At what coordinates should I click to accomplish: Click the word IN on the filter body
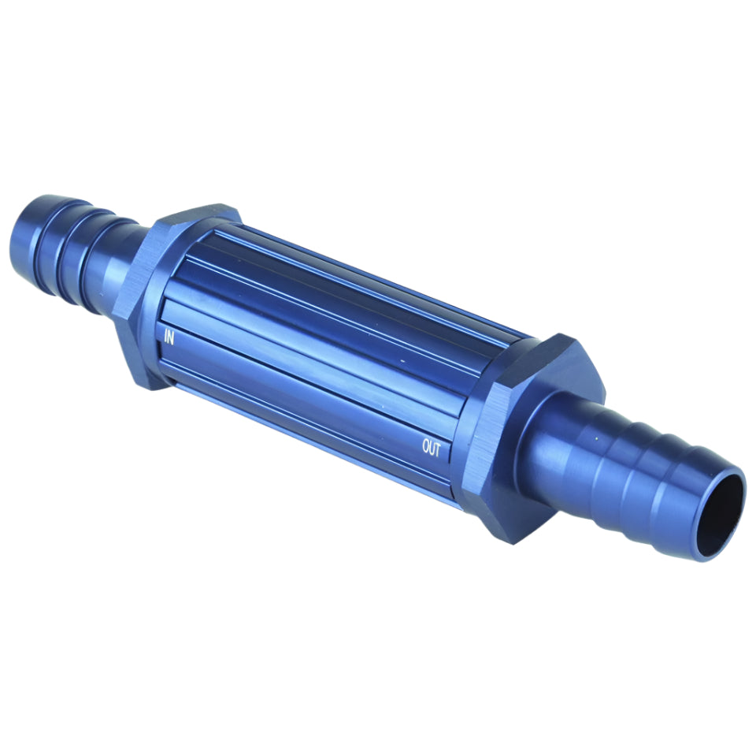point(169,337)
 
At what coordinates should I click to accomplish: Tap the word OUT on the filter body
point(432,448)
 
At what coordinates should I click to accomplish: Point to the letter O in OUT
point(426,445)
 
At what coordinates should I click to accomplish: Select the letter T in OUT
point(437,450)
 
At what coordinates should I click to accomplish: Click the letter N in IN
point(171,338)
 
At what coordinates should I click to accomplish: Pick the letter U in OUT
point(432,448)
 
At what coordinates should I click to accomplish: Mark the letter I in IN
point(165,336)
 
